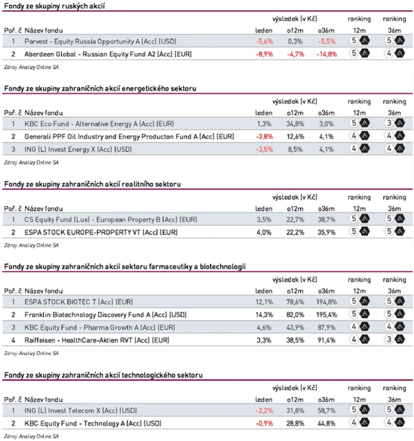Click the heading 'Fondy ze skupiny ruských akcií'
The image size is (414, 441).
click(x=55, y=6)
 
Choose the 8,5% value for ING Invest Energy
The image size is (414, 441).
click(x=295, y=148)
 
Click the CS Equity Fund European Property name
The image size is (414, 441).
click(x=104, y=219)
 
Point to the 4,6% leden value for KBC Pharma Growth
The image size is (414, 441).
click(x=264, y=326)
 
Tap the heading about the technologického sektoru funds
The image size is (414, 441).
click(x=103, y=375)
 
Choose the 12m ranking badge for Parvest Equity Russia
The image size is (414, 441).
click(x=359, y=41)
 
